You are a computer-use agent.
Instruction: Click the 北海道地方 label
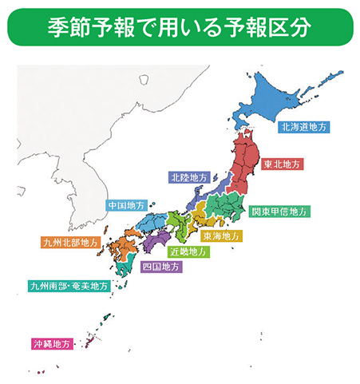304,126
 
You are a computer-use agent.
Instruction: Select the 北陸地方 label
190,176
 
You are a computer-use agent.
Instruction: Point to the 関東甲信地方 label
279,212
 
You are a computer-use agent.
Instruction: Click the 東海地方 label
220,236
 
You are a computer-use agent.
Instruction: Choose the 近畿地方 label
191,251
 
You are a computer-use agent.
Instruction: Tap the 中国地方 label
126,205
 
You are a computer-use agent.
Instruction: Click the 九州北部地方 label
71,241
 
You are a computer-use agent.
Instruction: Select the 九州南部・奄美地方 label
67,285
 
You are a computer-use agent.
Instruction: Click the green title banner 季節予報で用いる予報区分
179,27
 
